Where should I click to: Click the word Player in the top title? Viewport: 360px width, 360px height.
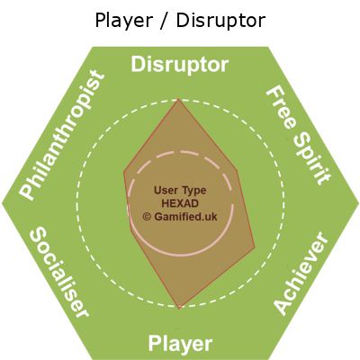pos(124,21)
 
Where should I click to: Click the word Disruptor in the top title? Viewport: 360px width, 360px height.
pos(220,21)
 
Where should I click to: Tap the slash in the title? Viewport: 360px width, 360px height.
pos(165,21)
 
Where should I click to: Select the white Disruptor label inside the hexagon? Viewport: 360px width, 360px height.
pos(180,65)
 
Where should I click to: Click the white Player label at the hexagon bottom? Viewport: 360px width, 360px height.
pos(180,344)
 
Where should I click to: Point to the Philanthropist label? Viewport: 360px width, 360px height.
pos(62,135)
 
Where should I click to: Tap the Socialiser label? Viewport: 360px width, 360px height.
pos(58,272)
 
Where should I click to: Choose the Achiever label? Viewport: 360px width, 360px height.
pos(301,273)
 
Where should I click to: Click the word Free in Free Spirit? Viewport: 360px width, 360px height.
pos(282,107)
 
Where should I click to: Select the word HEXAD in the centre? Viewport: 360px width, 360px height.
pos(180,203)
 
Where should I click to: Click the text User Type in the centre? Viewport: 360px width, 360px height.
pos(180,190)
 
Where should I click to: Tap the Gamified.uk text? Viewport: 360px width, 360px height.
pos(185,217)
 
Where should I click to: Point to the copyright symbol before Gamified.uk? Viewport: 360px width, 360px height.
pos(147,217)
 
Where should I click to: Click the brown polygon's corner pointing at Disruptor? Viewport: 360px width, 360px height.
pos(179,99)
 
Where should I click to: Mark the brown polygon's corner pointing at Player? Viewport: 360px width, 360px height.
pos(179,309)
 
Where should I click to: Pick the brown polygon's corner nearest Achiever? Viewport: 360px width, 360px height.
pos(255,247)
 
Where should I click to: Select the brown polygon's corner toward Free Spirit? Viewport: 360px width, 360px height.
pos(238,171)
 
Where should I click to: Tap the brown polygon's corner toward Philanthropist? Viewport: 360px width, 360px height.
pos(124,172)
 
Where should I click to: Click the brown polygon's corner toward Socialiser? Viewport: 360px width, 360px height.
pos(131,231)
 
